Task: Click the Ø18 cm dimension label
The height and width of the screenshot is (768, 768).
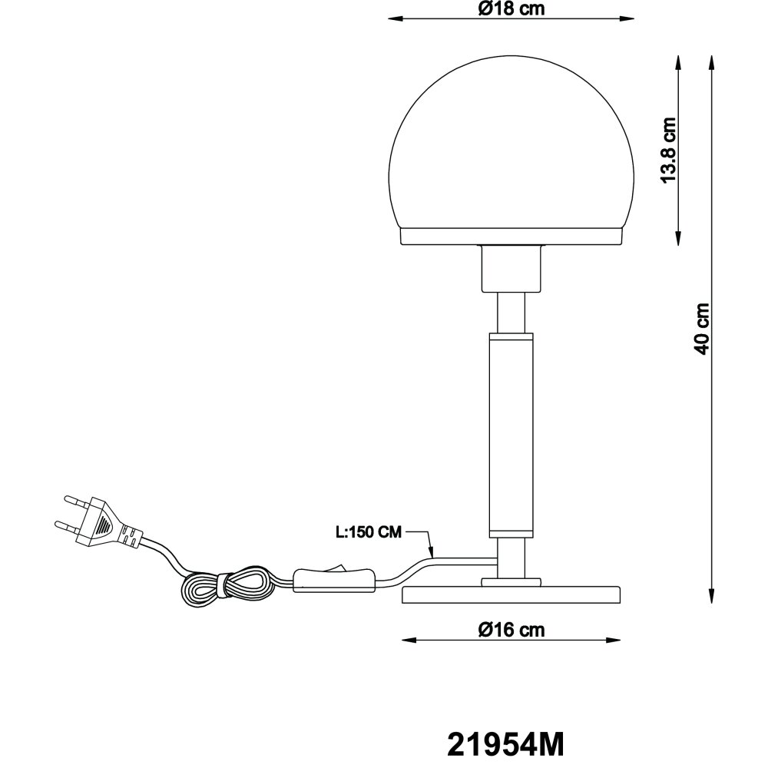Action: [x=511, y=8]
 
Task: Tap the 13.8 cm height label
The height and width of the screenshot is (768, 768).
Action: [x=669, y=151]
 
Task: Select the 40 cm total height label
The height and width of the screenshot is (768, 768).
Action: [x=702, y=329]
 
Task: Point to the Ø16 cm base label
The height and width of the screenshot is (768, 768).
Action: [x=511, y=630]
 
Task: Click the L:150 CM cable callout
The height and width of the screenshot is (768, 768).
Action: [x=369, y=532]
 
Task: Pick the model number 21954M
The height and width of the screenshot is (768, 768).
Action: [x=506, y=745]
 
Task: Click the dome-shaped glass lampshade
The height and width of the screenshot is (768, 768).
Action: [x=511, y=142]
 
